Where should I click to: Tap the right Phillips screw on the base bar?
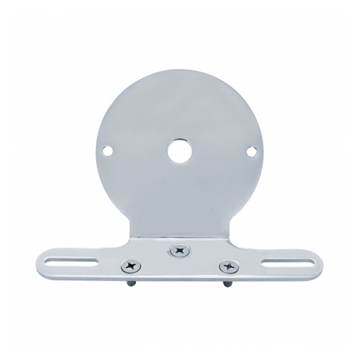point(229,266)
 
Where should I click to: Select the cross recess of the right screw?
point(229,266)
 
